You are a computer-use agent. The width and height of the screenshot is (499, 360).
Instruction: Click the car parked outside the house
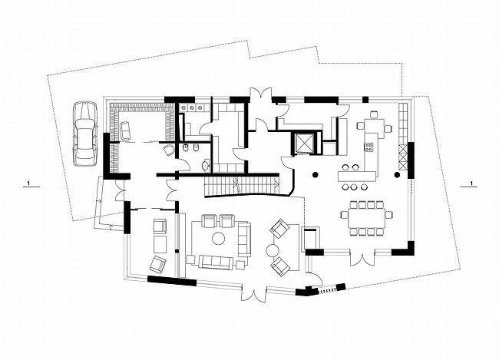pos(85,134)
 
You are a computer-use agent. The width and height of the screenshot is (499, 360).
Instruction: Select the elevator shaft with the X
pos(302,143)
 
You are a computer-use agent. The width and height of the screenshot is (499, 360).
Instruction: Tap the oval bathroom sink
pos(206,165)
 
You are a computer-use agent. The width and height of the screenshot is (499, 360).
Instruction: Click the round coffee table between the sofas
pos(219,238)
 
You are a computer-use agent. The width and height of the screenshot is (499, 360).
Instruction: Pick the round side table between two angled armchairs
pos(273,250)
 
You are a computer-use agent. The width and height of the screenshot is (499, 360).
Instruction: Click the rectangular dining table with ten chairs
pos(366,218)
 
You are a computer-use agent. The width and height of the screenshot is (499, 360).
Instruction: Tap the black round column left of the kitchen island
pos(315,174)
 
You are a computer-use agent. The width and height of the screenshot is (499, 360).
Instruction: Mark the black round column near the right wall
pos(397,174)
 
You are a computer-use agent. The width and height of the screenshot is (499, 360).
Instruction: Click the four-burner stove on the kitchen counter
pos(369,147)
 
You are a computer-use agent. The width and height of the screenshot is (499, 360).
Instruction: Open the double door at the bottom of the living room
pos(254,293)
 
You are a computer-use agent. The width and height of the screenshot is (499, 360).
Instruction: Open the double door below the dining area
pos(362,258)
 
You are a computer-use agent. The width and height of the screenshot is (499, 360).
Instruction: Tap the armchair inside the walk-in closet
pos(125,130)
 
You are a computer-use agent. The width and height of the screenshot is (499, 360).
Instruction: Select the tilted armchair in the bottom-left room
pos(158,265)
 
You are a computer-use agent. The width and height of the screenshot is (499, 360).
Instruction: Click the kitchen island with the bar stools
pos(357,176)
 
